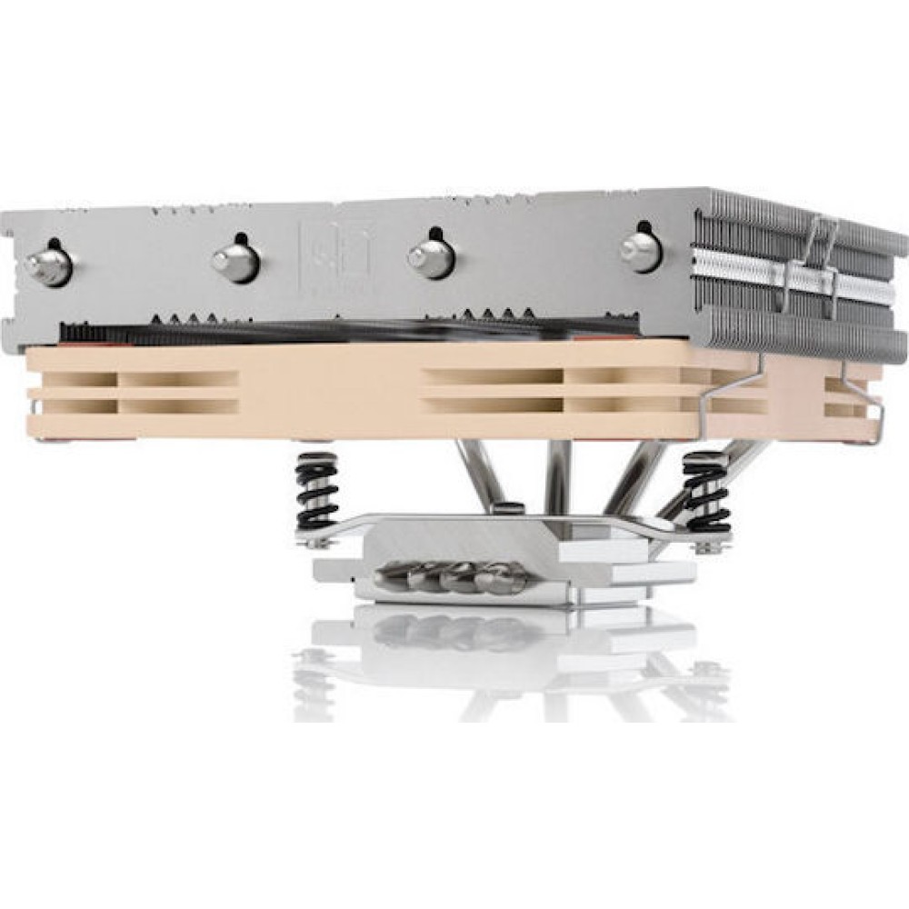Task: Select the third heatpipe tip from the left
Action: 431,258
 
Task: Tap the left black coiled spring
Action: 317,492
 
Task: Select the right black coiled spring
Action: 706,491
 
